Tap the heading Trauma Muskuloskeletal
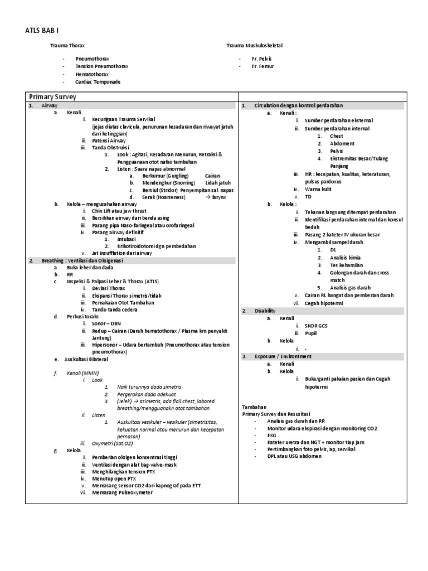[x=257, y=45]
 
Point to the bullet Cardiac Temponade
[x=99, y=81]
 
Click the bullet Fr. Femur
[x=262, y=66]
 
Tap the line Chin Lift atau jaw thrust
[x=119, y=211]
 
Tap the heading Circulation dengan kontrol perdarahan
[x=298, y=105]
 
